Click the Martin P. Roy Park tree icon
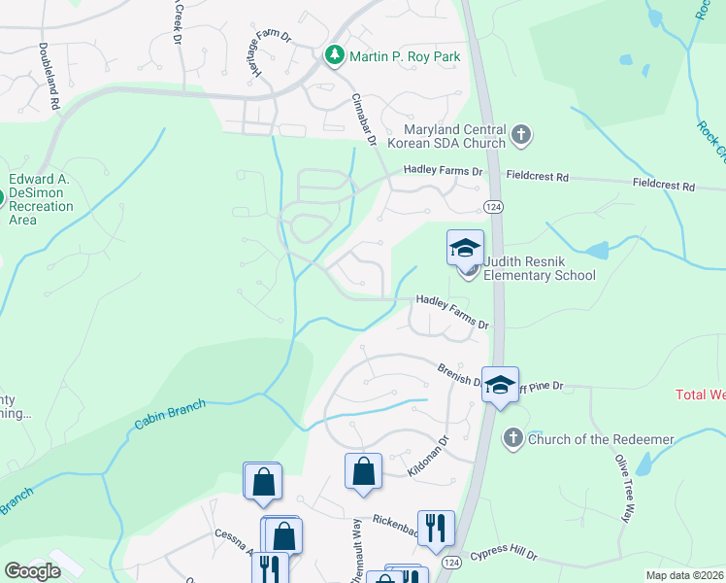click(x=335, y=56)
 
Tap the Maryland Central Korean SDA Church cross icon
click(x=521, y=134)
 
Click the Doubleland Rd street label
click(x=50, y=75)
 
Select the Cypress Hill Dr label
click(x=504, y=555)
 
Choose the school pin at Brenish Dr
click(x=500, y=386)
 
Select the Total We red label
click(x=700, y=394)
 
